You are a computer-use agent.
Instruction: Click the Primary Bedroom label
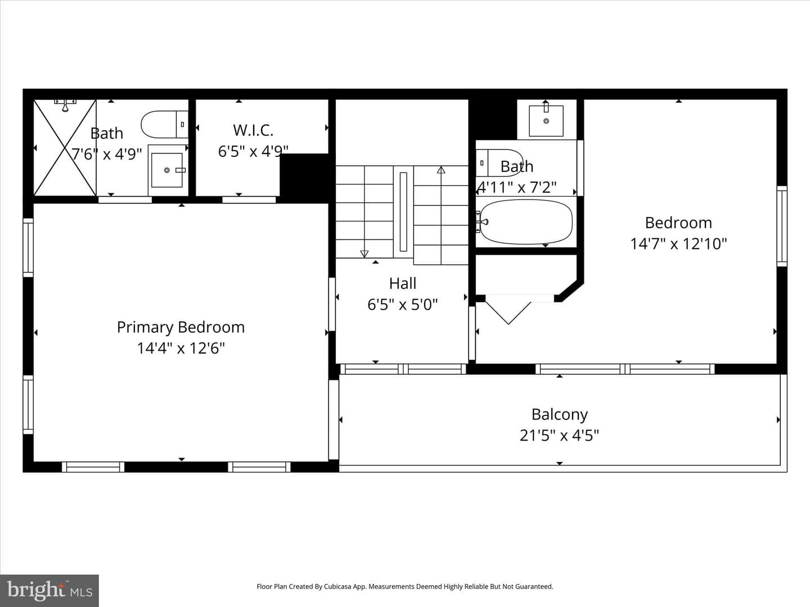[x=181, y=327]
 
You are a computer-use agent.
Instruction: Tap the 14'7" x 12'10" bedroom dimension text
[x=678, y=243]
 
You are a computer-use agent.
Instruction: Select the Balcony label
[x=560, y=415]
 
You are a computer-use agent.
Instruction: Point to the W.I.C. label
[x=253, y=130]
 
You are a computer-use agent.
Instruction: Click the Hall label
[x=403, y=283]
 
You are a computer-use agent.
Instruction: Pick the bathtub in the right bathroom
[x=525, y=221]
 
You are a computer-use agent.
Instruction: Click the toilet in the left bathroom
[x=165, y=124]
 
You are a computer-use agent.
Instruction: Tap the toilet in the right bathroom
[x=499, y=162]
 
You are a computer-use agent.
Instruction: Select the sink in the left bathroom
[x=168, y=170]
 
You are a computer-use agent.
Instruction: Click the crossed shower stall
[x=65, y=147]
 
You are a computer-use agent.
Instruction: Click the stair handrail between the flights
[x=403, y=211]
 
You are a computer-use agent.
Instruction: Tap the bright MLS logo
[x=49, y=590]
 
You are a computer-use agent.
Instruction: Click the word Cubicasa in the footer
[x=337, y=586]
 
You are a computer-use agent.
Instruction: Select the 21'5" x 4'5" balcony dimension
[x=560, y=436]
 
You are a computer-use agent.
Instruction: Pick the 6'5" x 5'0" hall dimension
[x=403, y=305]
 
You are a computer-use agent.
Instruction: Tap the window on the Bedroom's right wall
[x=782, y=226]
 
